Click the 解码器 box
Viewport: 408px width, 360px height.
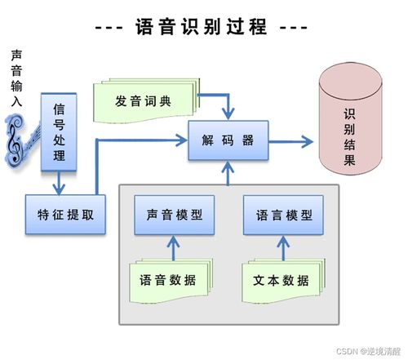228,140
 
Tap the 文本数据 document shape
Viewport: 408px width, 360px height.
280,280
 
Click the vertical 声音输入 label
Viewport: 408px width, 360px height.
16,78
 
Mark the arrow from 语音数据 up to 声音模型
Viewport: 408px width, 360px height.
170,247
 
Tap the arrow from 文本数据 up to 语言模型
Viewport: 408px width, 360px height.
280,247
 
